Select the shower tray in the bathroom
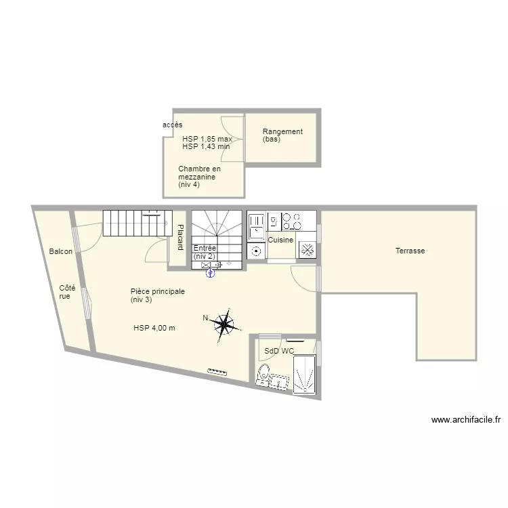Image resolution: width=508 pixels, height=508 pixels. click(304, 375)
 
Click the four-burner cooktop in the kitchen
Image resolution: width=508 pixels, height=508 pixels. click(292, 221)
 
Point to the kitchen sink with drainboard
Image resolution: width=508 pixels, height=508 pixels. click(257, 226)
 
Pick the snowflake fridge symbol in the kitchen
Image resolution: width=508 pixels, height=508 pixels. click(307, 250)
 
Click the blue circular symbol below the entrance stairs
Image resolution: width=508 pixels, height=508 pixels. click(210, 274)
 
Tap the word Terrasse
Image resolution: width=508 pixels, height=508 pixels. click(410, 251)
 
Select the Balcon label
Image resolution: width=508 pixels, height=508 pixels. click(60, 251)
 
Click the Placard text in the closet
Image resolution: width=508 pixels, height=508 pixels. click(180, 238)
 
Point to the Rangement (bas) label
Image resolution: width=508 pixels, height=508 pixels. click(282, 135)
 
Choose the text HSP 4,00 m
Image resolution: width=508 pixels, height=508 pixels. click(154, 328)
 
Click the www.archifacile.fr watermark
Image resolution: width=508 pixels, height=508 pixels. click(466, 420)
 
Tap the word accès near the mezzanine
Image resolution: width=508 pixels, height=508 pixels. click(172, 125)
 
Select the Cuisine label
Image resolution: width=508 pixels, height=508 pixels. click(280, 240)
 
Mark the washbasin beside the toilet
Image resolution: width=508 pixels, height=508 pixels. click(279, 381)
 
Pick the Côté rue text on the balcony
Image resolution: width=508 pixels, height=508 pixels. click(67, 292)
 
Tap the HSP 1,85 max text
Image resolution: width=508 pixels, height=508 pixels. click(207, 139)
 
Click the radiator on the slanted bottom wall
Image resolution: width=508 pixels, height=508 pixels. click(217, 372)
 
